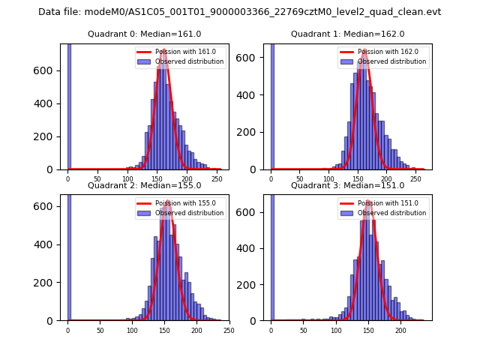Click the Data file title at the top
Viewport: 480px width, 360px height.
tap(239, 12)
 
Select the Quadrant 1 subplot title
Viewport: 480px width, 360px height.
tap(347, 34)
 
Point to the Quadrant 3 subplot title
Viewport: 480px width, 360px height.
tap(347, 185)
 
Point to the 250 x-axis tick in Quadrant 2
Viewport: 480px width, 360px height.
tap(229, 330)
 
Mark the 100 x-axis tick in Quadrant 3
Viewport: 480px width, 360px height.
tap(336, 330)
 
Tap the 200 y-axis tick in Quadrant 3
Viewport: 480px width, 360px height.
tap(253, 284)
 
